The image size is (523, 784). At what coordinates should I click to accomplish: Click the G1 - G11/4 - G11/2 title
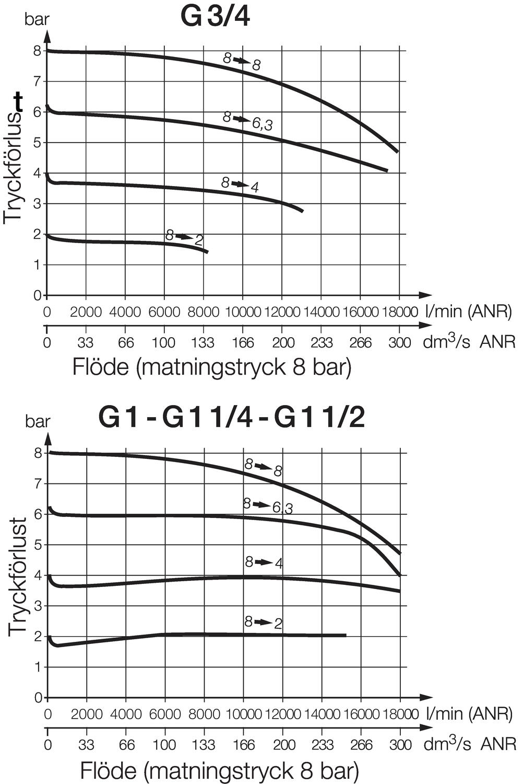pyautogui.click(x=231, y=418)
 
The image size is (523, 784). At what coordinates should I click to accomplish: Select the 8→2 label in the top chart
pyautogui.click(x=184, y=238)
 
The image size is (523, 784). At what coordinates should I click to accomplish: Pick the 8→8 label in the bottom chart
pyautogui.click(x=264, y=467)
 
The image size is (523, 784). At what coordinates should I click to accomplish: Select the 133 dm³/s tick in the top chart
pyautogui.click(x=203, y=343)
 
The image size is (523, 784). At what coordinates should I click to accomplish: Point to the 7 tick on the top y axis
pyautogui.click(x=37, y=82)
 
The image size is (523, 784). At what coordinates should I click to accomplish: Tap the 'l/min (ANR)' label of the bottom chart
pyautogui.click(x=469, y=713)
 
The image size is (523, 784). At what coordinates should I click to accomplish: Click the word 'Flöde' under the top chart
pyautogui.click(x=100, y=367)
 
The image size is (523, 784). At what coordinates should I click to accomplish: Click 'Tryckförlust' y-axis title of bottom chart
pyautogui.click(x=18, y=577)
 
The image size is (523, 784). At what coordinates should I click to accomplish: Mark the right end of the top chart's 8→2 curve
pyautogui.click(x=208, y=252)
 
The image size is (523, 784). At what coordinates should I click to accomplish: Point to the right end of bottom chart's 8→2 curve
pyautogui.click(x=346, y=635)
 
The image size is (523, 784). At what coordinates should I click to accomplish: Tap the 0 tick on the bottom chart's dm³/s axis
pyautogui.click(x=48, y=744)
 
